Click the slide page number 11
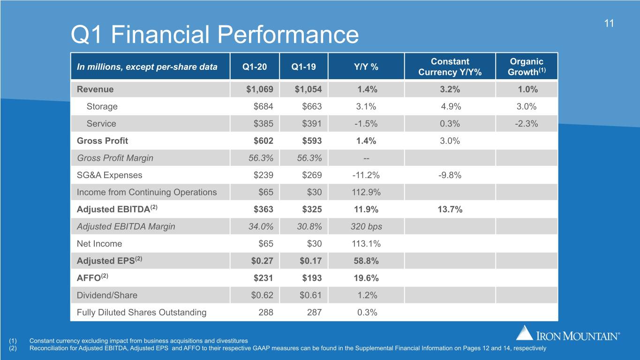click(609, 23)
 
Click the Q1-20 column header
click(255, 67)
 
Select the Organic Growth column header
click(527, 67)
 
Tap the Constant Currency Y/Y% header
click(450, 67)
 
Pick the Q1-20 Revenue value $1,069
click(260, 90)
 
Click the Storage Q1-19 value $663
click(312, 106)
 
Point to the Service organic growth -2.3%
click(526, 124)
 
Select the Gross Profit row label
click(102, 141)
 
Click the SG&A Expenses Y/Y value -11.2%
click(366, 175)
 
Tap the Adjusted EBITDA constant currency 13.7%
click(450, 210)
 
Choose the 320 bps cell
click(366, 226)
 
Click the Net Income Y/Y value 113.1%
click(366, 244)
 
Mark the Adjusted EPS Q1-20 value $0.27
click(262, 261)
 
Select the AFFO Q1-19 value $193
click(312, 278)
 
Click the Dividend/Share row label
click(107, 295)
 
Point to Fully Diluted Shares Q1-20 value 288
click(266, 312)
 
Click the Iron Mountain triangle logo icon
click(524, 333)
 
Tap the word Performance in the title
click(288, 35)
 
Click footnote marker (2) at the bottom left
click(13, 348)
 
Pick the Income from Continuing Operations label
click(147, 192)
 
